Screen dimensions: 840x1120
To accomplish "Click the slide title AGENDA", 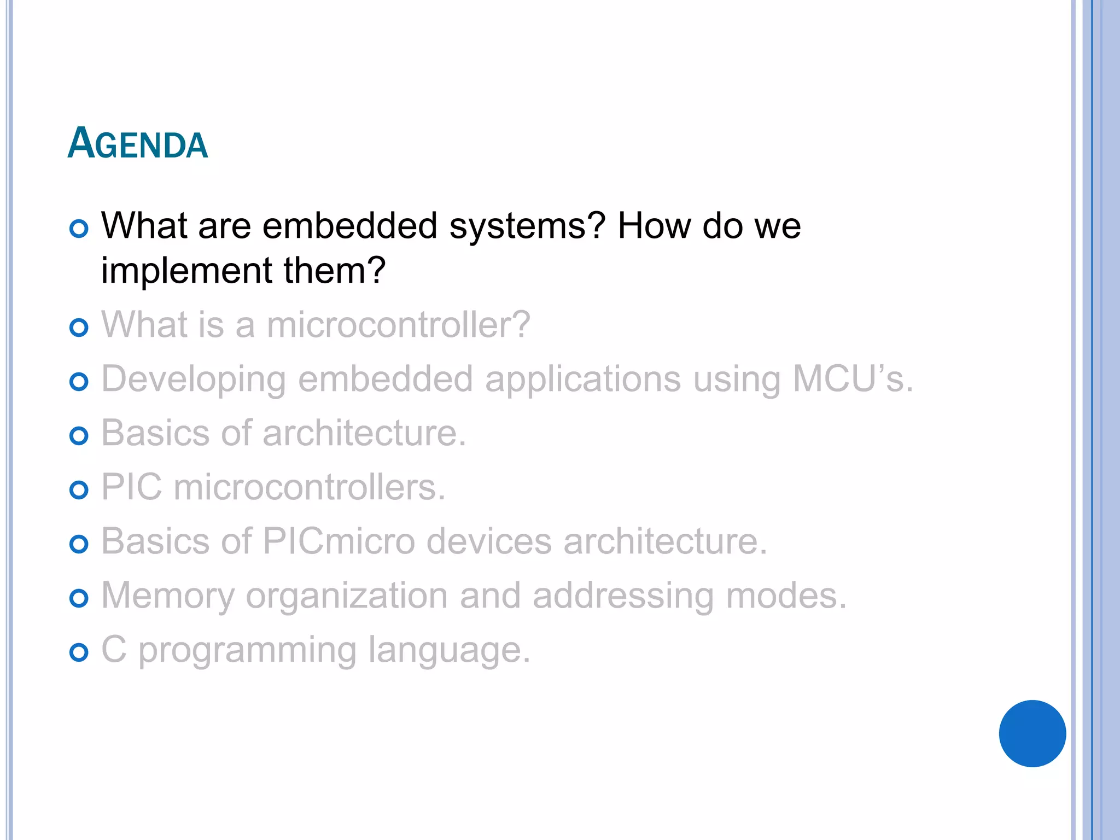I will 137,143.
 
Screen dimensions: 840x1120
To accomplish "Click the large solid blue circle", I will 1032,733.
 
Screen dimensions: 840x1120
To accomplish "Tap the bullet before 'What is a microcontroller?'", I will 79,328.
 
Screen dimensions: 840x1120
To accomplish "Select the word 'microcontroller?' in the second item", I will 398,324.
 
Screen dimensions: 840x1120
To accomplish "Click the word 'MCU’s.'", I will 853,378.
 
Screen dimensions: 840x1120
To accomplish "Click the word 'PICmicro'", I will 339,541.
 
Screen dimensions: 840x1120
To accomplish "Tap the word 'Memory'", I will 168,596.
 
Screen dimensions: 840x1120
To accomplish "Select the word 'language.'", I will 449,651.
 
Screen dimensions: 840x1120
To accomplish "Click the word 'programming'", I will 247,651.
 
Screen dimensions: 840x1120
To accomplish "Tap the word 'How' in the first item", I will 654,226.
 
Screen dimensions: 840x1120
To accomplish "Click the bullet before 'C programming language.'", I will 79,652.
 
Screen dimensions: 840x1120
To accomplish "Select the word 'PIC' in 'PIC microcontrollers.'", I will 131,487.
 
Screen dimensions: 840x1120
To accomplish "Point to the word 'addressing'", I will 623,596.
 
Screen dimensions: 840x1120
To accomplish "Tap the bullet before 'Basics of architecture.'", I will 79,436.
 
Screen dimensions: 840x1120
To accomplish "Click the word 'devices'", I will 489,541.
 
